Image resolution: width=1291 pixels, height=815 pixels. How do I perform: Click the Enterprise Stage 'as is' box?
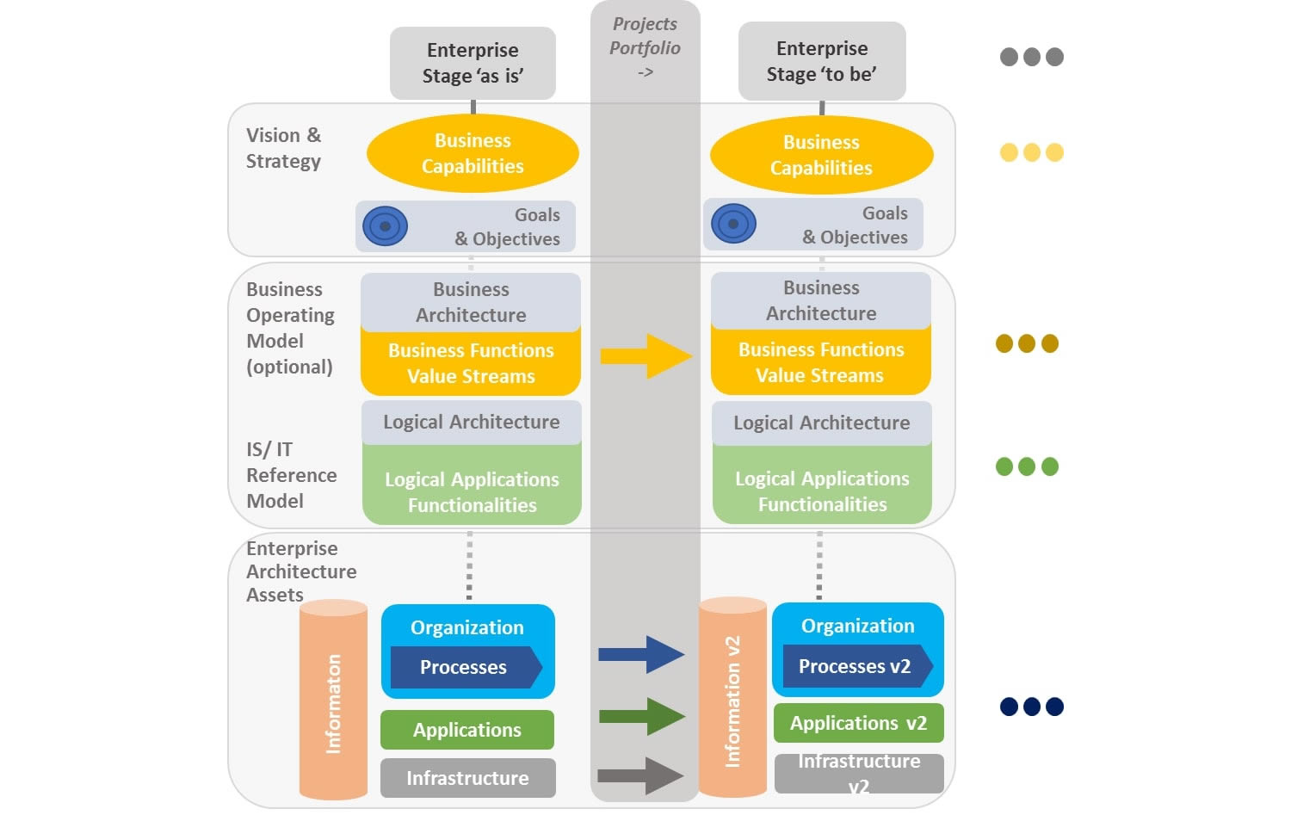(473, 63)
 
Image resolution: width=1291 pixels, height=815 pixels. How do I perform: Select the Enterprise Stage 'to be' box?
(822, 61)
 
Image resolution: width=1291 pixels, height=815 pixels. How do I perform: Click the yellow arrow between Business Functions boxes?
(645, 355)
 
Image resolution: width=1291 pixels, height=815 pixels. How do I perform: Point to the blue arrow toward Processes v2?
(641, 655)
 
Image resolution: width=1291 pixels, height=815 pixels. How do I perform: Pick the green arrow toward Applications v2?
(641, 716)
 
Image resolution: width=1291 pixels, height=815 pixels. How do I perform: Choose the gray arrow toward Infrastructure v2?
(640, 775)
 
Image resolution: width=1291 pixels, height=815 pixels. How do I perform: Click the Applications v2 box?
(858, 723)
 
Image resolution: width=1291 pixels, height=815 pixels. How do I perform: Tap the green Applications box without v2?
(466, 730)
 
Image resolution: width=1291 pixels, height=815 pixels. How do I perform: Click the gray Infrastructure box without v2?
(467, 778)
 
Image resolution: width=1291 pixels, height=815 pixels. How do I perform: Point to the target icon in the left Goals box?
(385, 226)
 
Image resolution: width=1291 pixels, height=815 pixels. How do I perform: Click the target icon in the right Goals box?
(733, 224)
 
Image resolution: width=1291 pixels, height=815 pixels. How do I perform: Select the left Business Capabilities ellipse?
(473, 153)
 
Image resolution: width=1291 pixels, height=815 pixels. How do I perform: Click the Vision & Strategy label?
(283, 148)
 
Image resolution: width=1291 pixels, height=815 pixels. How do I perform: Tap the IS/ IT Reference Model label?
(291, 475)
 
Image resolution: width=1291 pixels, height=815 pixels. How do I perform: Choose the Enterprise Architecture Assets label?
(300, 571)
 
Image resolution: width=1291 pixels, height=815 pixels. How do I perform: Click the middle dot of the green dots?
(1027, 466)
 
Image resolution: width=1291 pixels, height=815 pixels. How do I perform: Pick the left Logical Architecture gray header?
(471, 422)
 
